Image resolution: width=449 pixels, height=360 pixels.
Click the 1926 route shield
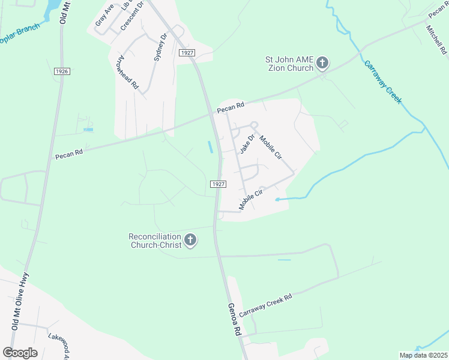point(61,71)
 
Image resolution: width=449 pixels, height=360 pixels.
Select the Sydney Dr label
point(159,47)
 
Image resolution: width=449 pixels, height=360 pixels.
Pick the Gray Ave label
point(104,16)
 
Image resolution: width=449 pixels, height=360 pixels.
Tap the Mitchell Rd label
point(437,40)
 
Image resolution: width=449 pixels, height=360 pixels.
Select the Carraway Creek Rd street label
point(265,305)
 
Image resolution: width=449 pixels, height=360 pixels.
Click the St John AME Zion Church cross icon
point(322,63)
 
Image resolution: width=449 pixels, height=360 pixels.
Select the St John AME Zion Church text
point(289,64)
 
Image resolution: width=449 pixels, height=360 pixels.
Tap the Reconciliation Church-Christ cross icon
point(190,241)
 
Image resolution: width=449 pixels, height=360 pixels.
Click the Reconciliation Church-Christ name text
point(154,241)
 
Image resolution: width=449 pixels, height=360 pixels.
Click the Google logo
point(20,353)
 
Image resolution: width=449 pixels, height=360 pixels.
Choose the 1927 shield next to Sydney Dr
point(187,53)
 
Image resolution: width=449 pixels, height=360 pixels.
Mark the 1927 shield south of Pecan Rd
point(218,184)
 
